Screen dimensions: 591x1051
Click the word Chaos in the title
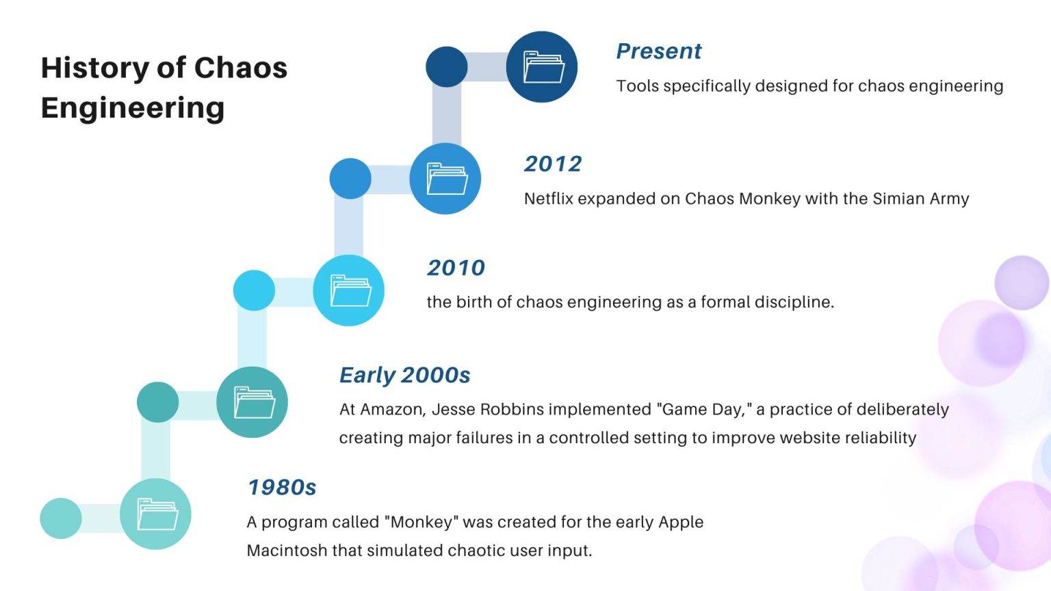240,68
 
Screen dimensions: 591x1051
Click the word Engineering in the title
133,108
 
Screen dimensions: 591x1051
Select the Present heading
658,51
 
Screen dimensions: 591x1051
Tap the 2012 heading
553,164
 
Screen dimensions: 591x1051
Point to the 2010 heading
456,268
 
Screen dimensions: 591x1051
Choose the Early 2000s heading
404,376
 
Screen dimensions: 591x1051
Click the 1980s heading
281,488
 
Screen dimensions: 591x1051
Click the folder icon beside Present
543,67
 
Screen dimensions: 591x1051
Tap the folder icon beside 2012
446,179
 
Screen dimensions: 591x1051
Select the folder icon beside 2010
350,290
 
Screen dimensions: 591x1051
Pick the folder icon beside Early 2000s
253,402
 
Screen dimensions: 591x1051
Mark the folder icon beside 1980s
156,514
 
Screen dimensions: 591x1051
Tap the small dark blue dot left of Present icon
446,67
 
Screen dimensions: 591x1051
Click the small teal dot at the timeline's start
61,518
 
